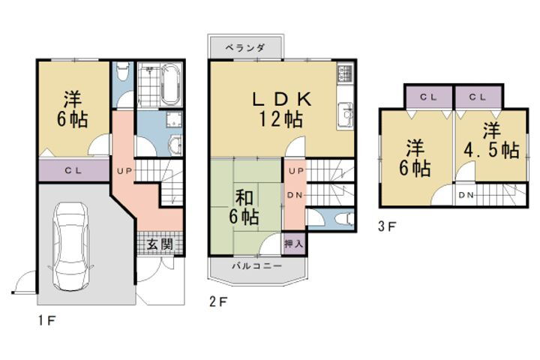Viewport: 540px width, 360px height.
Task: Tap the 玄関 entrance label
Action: (x=158, y=244)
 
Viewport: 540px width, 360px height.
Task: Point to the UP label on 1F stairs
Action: (x=124, y=171)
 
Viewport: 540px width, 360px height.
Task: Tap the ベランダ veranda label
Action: (x=245, y=47)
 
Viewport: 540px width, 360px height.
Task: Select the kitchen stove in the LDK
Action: (x=345, y=73)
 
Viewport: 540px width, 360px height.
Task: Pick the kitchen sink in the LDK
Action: (x=346, y=115)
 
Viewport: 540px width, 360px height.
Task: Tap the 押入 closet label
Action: (x=294, y=243)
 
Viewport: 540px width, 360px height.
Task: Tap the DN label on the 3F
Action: (x=466, y=195)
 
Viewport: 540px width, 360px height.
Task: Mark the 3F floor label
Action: (x=386, y=223)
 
